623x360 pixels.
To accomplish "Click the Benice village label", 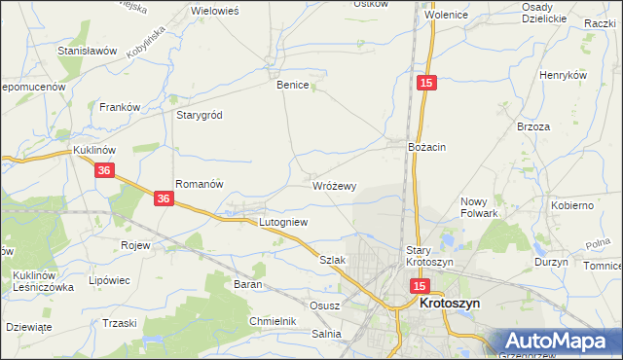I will coord(292,86).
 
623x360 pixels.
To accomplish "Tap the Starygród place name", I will coord(200,115).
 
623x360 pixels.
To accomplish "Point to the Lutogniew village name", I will coord(283,222).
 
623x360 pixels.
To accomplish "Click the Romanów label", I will coord(200,184).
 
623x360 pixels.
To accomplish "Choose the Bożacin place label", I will coord(426,147).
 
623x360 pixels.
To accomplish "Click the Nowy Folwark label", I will coord(479,207).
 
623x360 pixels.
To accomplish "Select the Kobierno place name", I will coord(572,206).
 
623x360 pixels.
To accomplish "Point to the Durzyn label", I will coord(551,262).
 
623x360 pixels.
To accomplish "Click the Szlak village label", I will coord(333,261).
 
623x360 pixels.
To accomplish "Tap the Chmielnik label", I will coord(272,320).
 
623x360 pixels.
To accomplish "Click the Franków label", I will coord(122,107).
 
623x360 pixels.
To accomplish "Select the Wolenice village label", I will coord(446,17).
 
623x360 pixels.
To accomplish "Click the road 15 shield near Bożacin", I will coord(426,85).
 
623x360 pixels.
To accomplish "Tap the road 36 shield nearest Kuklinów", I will coord(106,170).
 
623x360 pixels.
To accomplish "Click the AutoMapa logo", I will coord(562,341).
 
